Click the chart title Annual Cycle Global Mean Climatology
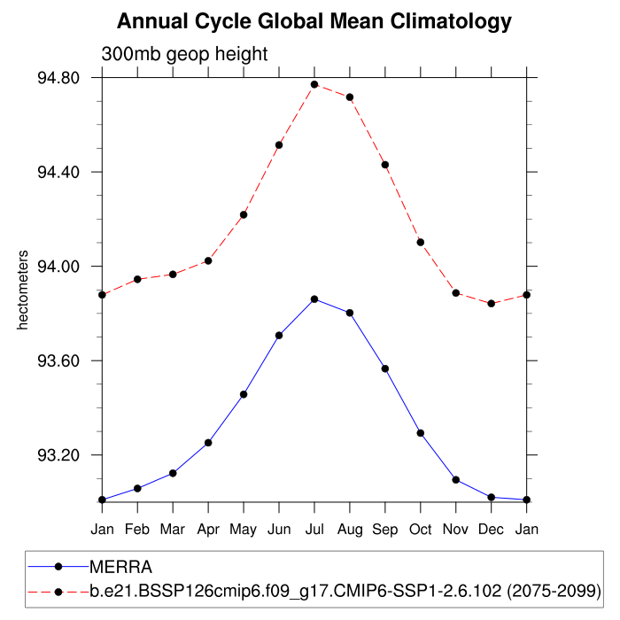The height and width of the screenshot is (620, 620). [x=314, y=20]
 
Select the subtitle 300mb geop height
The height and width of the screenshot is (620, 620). [x=184, y=54]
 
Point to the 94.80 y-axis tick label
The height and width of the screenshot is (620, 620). [x=58, y=78]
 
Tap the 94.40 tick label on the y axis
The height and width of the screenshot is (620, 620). [x=58, y=172]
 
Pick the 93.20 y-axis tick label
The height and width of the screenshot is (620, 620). [x=58, y=455]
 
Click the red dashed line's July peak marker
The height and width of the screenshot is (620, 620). [x=314, y=84]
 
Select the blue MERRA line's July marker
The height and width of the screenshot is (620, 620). [x=314, y=299]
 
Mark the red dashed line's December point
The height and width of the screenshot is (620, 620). [x=492, y=303]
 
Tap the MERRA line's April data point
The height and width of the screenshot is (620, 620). [x=208, y=442]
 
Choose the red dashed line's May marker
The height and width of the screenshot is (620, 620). [x=244, y=214]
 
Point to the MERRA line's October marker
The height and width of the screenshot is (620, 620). [x=421, y=433]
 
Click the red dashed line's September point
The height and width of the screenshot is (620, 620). [x=385, y=165]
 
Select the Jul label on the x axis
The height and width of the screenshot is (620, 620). [x=314, y=529]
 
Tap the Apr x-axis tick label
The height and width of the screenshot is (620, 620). [x=208, y=529]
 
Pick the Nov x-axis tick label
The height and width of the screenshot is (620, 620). [x=456, y=529]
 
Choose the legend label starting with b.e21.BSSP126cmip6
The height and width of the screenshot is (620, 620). [x=345, y=590]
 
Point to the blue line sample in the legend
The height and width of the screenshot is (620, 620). [x=58, y=567]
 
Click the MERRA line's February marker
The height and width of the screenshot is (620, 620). [x=137, y=488]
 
